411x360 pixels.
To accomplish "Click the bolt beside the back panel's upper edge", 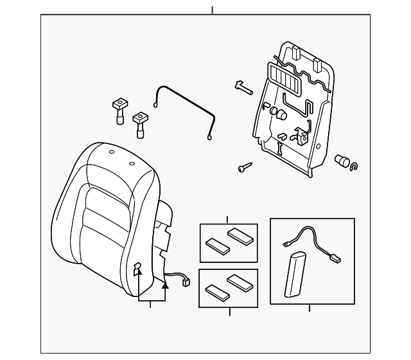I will tap(242, 87).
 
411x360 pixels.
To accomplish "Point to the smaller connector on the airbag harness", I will tap(284, 244).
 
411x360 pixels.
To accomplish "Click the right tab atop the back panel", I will tap(318, 64).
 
